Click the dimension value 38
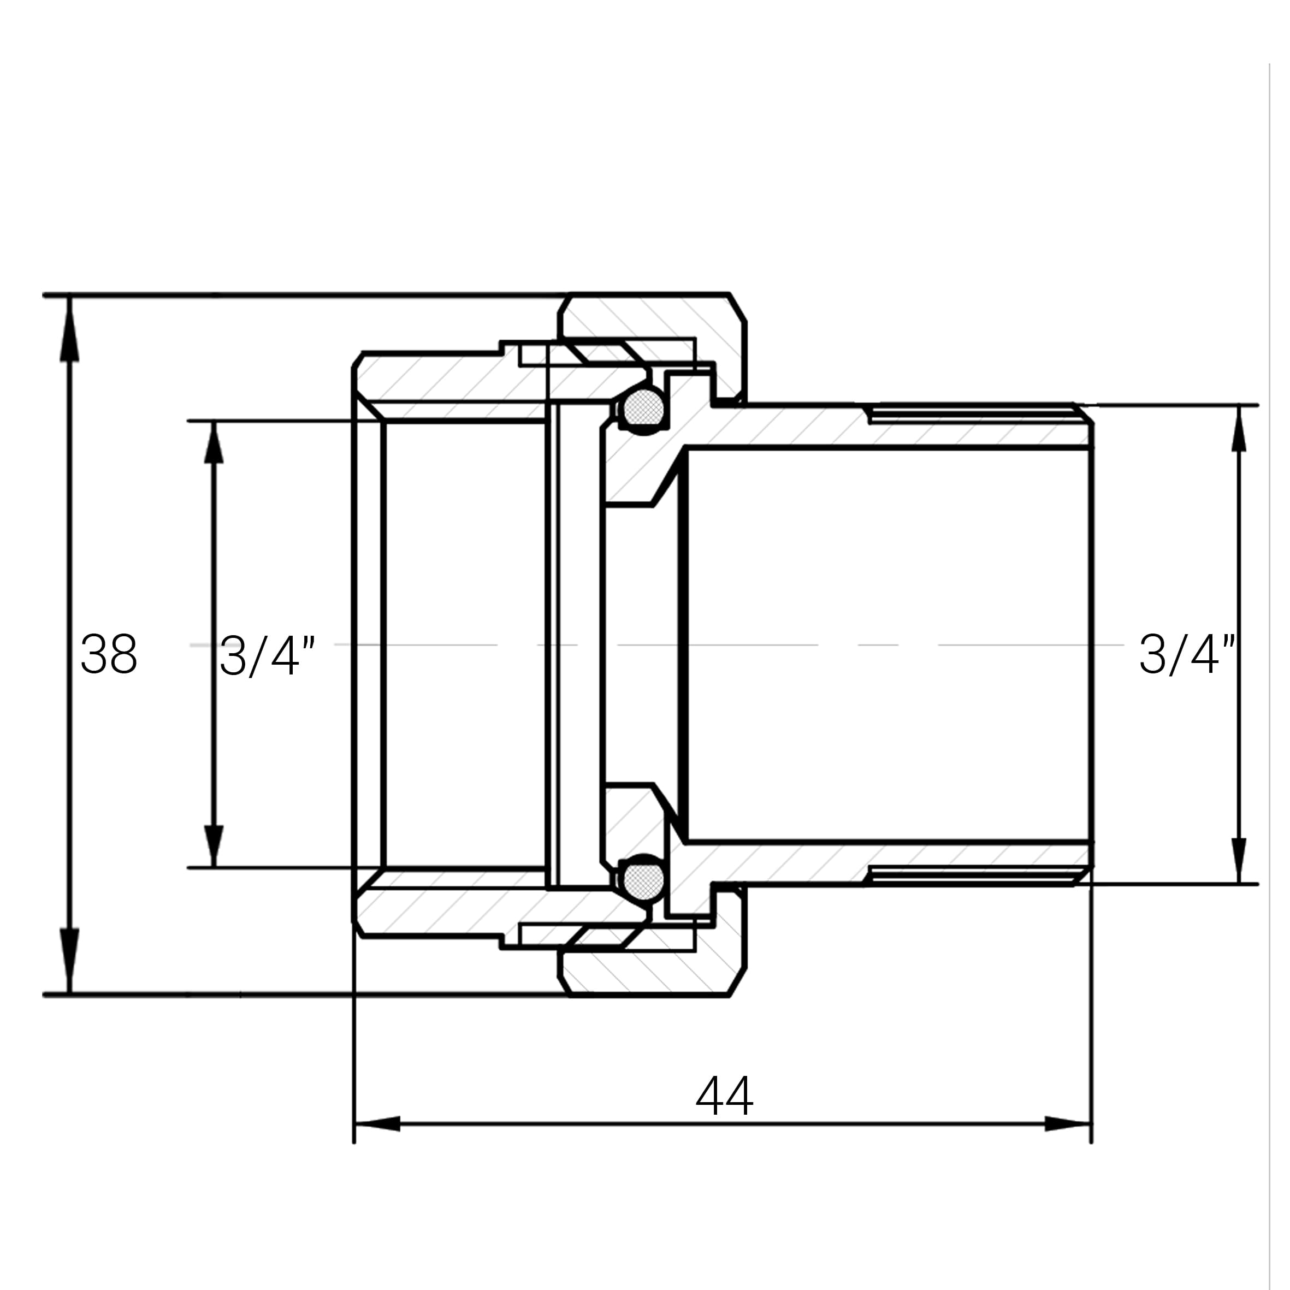coord(109,654)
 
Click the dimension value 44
coord(724,1094)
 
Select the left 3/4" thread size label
coord(267,656)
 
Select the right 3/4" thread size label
coord(1187,654)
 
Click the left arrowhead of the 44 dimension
coord(377,1124)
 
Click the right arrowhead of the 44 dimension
coord(1068,1124)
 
